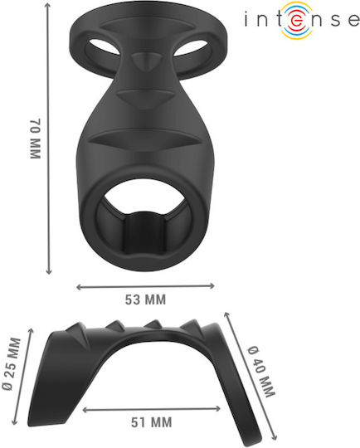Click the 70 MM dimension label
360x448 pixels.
pyautogui.click(x=36, y=139)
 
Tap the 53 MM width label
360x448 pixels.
pyautogui.click(x=145, y=299)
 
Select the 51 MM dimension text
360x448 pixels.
pyautogui.click(x=152, y=422)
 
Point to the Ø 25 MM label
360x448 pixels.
pyautogui.click(x=12, y=364)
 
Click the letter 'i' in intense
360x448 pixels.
pyautogui.click(x=246, y=19)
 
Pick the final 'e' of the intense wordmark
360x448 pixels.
pyautogui.click(x=353, y=21)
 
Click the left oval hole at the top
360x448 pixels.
pyautogui.click(x=105, y=46)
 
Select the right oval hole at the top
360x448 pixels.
pyautogui.click(x=191, y=47)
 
